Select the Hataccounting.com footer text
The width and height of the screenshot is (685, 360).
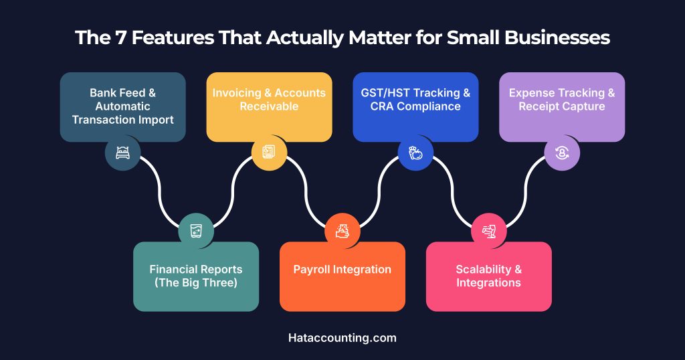[342, 338]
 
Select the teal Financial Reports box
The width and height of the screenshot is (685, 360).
[196, 276]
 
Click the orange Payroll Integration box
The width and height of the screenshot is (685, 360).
[342, 276]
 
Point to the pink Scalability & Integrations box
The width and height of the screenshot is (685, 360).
[489, 276]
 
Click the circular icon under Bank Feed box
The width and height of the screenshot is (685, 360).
[122, 153]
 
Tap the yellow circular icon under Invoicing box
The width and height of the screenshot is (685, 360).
[269, 153]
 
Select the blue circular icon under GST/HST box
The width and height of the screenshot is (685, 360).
[415, 153]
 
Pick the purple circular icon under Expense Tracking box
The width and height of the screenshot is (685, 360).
[562, 153]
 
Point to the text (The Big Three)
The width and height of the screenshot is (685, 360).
[196, 283]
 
